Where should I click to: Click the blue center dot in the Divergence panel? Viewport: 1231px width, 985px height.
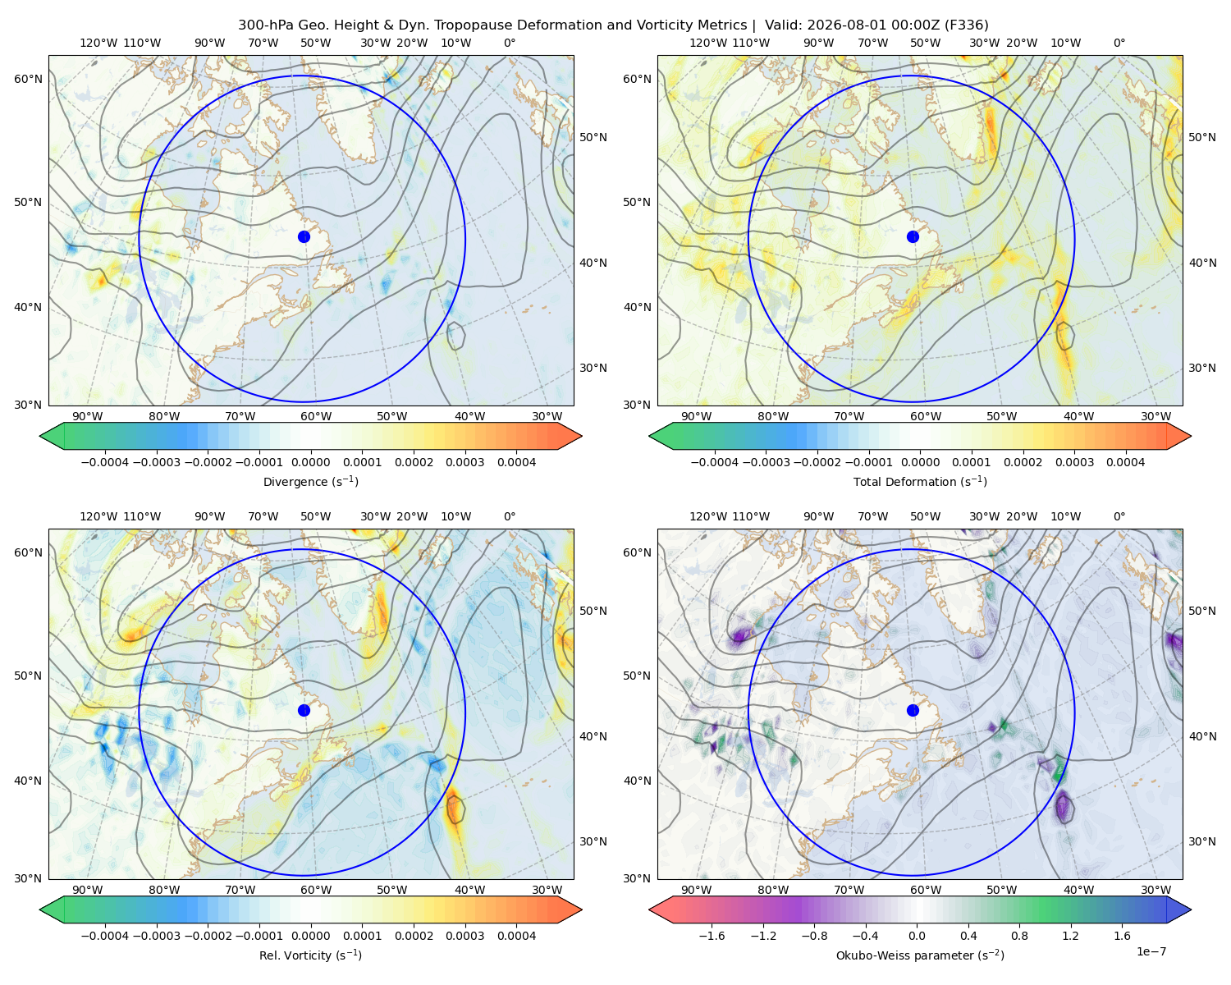[304, 236]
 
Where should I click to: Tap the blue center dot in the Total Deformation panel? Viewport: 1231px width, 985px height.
[913, 236]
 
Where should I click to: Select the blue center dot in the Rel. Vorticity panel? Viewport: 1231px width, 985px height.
[304, 710]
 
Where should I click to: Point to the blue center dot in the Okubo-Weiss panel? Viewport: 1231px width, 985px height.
[913, 710]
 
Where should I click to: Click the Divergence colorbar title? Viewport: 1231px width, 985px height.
[310, 481]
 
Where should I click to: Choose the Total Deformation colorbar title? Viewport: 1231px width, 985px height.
[920, 481]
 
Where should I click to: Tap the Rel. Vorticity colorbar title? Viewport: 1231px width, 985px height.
[310, 955]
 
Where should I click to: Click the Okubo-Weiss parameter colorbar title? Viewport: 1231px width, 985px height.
[920, 955]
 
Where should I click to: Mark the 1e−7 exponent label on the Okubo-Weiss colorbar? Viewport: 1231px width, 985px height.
[1151, 951]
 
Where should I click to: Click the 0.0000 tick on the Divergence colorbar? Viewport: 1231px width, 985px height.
[310, 462]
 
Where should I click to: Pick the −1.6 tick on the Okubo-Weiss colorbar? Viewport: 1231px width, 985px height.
[712, 935]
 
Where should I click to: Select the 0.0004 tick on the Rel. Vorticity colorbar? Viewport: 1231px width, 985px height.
[516, 935]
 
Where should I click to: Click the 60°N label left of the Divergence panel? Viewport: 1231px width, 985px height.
[28, 79]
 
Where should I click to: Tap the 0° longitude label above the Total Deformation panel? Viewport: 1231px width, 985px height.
[1119, 43]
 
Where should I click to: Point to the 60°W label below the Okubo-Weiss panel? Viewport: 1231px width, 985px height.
[926, 890]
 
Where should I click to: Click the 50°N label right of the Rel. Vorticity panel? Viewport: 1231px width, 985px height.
[593, 610]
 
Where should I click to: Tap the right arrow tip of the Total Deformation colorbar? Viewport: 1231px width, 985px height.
[1191, 436]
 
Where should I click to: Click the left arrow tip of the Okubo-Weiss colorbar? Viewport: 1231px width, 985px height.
[649, 909]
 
